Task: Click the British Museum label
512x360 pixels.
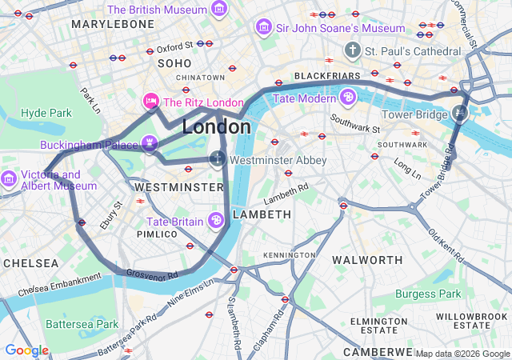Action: pos(157,10)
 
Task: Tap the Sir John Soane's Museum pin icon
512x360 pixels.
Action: pos(262,28)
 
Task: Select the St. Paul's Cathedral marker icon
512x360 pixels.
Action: pos(352,51)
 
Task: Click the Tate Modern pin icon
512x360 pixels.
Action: pos(348,98)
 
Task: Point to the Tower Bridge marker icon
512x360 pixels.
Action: pos(459,114)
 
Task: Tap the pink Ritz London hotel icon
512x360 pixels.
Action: pos(150,102)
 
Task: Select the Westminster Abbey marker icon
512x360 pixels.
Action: pos(217,160)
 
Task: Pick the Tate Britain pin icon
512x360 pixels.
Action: pos(215,221)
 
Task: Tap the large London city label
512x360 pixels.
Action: pos(216,127)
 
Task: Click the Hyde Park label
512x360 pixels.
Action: pos(46,113)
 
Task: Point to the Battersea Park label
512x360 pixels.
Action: pos(82,325)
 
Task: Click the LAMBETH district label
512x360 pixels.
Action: pos(262,215)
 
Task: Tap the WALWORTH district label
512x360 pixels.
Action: pos(367,260)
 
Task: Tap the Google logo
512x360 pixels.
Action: pos(26,350)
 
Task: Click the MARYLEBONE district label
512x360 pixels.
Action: pos(112,25)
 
